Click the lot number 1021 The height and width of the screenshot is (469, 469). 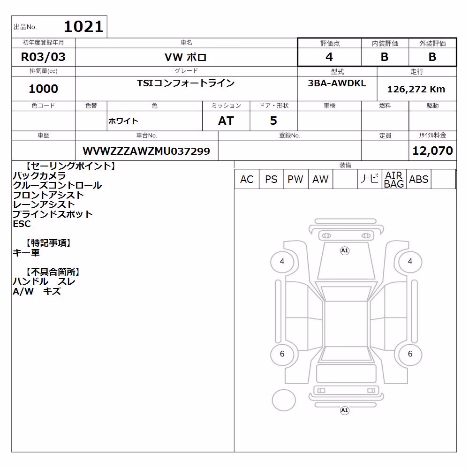(x=83, y=27)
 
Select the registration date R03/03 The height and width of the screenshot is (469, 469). (x=43, y=57)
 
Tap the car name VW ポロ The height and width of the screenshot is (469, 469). (x=186, y=57)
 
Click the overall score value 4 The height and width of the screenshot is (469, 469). (x=329, y=57)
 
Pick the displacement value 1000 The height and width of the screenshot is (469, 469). (x=43, y=89)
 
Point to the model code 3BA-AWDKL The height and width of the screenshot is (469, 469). (x=337, y=83)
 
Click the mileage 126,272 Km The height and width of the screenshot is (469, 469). (x=416, y=89)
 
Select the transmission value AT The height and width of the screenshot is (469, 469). (x=226, y=121)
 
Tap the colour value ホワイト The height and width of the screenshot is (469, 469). (x=123, y=121)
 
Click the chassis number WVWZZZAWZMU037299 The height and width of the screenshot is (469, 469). (x=146, y=151)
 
